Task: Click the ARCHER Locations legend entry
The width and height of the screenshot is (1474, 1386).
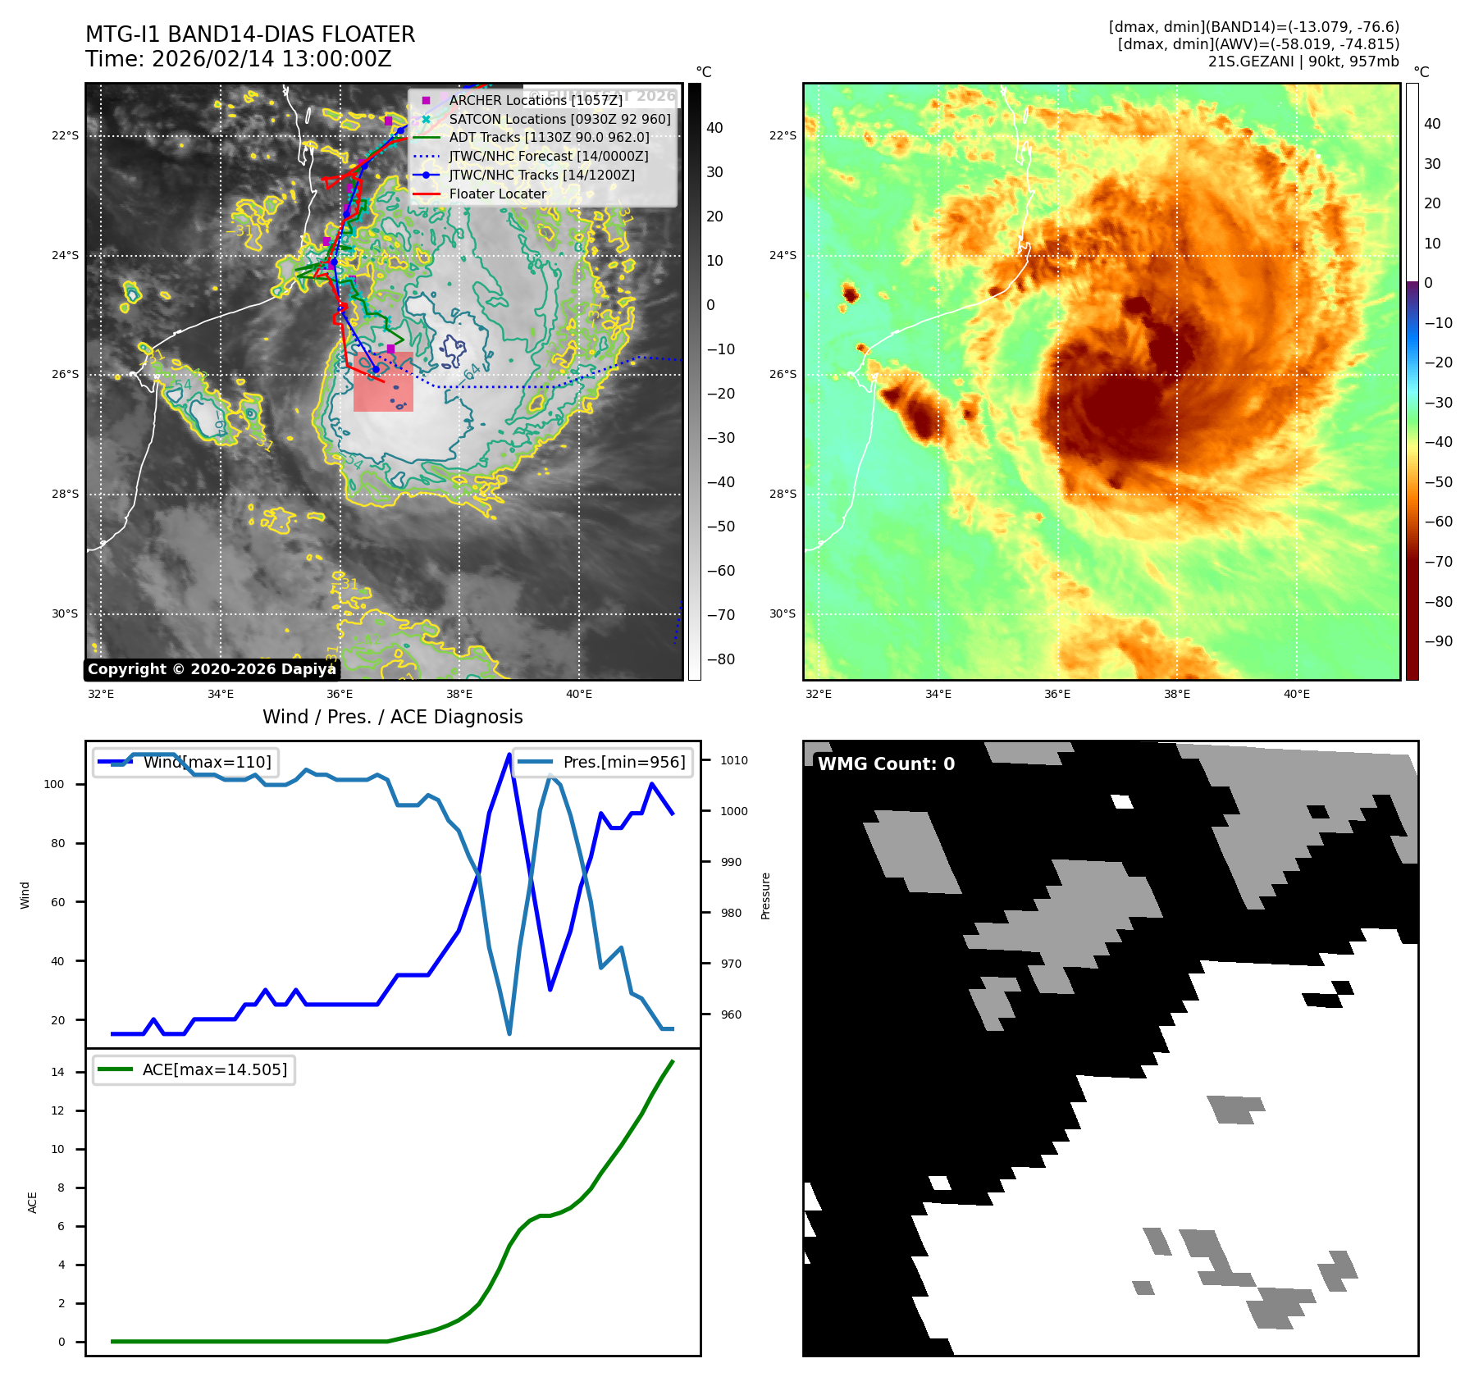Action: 536,100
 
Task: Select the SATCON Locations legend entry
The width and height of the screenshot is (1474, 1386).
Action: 559,119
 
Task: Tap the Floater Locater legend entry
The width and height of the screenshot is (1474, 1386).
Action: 497,194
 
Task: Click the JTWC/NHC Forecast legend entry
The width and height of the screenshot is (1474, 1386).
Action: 548,156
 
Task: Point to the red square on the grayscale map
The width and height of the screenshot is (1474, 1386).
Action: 383,381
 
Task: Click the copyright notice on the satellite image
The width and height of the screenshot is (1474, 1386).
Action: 212,669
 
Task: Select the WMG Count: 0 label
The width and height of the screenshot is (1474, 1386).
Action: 886,764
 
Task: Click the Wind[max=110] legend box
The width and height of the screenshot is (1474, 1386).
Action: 186,762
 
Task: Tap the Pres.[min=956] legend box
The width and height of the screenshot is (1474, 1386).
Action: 603,762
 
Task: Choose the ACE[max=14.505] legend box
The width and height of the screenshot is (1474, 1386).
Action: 194,1069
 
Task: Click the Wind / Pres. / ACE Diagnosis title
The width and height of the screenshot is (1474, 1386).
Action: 392,717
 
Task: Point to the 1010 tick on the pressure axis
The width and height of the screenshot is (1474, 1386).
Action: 734,760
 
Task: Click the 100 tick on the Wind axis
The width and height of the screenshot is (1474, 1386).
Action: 54,784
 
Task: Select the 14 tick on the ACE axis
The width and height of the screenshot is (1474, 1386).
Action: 57,1072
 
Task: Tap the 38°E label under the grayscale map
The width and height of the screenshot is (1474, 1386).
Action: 459,694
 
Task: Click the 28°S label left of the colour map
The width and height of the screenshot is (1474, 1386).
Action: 783,494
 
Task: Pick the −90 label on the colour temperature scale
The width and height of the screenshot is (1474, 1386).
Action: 1438,641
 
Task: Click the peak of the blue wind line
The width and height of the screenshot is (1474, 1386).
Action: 510,754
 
